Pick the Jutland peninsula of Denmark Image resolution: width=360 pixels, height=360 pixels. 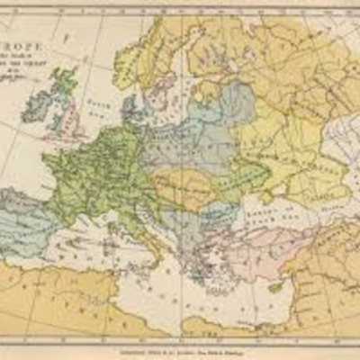pos(127,106)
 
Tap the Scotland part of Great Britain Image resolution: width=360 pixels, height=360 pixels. pos(63,85)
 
